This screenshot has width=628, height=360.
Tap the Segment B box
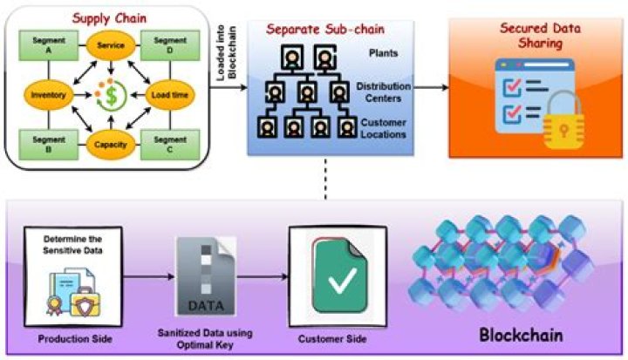pyautogui.click(x=39, y=143)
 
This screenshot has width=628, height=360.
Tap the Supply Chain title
pyautogui.click(x=107, y=17)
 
